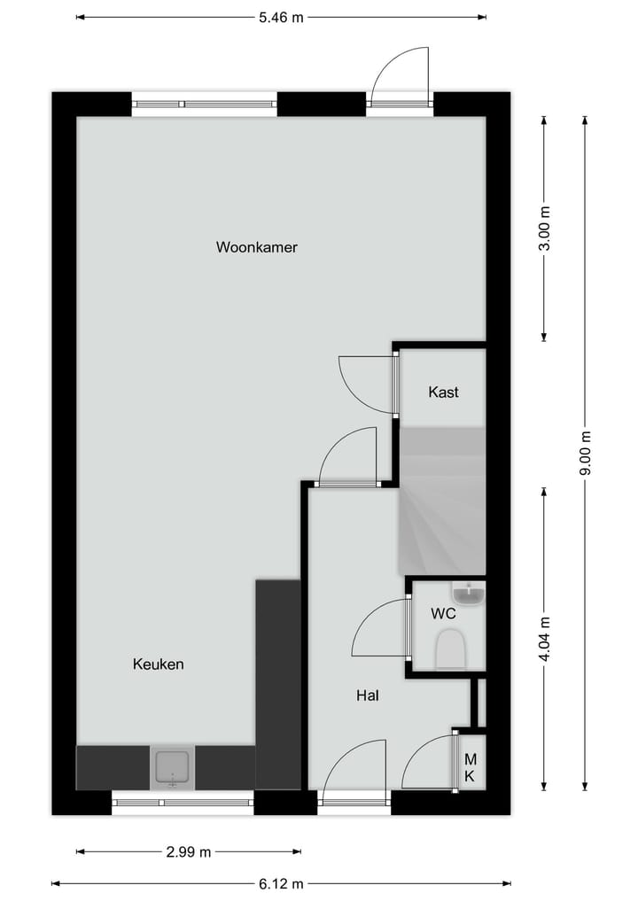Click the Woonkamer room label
click(x=256, y=247)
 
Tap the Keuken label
click(x=158, y=664)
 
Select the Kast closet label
click(x=443, y=392)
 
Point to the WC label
click(x=443, y=613)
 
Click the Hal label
click(x=368, y=696)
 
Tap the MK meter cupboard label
click(x=470, y=767)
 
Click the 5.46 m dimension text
click(x=281, y=17)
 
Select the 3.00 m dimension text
click(x=545, y=229)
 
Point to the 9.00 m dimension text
click(x=585, y=453)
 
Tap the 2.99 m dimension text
click(x=189, y=852)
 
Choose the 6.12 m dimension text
click(x=281, y=883)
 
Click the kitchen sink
click(x=173, y=767)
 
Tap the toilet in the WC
click(x=451, y=649)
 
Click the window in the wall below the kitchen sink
click(x=183, y=803)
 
